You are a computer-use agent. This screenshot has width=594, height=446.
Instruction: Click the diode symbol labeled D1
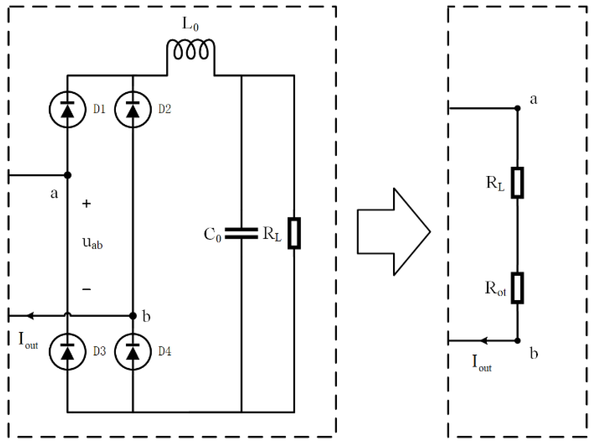[67, 109]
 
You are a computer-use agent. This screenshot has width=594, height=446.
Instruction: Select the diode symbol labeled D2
[133, 109]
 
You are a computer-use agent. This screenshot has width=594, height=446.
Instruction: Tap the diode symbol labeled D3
[67, 351]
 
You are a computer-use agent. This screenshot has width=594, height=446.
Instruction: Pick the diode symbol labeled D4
[133, 351]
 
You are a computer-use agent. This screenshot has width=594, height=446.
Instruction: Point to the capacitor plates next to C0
[241, 233]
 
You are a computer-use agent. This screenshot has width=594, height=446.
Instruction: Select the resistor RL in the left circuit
[294, 233]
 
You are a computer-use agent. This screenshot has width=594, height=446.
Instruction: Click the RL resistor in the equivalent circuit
[517, 183]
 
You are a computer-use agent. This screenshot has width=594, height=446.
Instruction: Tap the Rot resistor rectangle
[517, 288]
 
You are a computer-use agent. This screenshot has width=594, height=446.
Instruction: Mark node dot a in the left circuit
[68, 175]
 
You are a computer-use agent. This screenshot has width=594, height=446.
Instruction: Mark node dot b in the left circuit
[133, 316]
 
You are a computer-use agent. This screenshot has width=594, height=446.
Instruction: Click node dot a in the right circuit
[517, 108]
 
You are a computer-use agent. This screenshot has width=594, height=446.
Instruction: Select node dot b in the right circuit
[517, 341]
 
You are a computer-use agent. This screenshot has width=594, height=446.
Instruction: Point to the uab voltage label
[92, 243]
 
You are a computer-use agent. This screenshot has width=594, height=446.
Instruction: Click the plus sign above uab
[86, 204]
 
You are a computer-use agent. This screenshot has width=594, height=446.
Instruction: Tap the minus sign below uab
[86, 289]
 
